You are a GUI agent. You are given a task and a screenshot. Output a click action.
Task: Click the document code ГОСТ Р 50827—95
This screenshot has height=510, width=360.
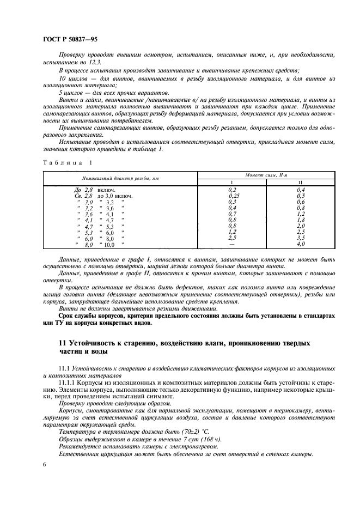tap(70, 40)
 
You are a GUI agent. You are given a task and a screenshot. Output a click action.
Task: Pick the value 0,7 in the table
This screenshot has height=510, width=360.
tap(233, 214)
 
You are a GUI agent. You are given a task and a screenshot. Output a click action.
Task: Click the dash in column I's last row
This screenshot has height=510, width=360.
tap(233, 245)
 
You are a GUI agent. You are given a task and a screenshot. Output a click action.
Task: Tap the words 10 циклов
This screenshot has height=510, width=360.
tap(74, 79)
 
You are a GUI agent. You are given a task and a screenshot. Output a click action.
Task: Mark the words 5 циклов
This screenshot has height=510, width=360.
tap(72, 94)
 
